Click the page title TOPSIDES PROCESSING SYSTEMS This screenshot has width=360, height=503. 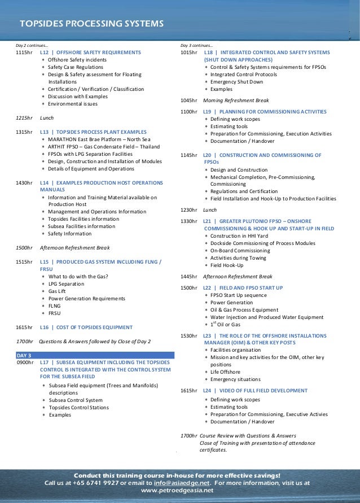[x=91, y=24]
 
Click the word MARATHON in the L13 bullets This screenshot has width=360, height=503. [x=64, y=139]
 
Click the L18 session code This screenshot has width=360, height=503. [x=208, y=52]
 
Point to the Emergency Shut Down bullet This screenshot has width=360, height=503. [x=236, y=82]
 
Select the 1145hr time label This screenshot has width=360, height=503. [x=188, y=155]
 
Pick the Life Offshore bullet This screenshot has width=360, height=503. [x=225, y=372]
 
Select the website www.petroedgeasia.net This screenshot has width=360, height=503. [x=177, y=491]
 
